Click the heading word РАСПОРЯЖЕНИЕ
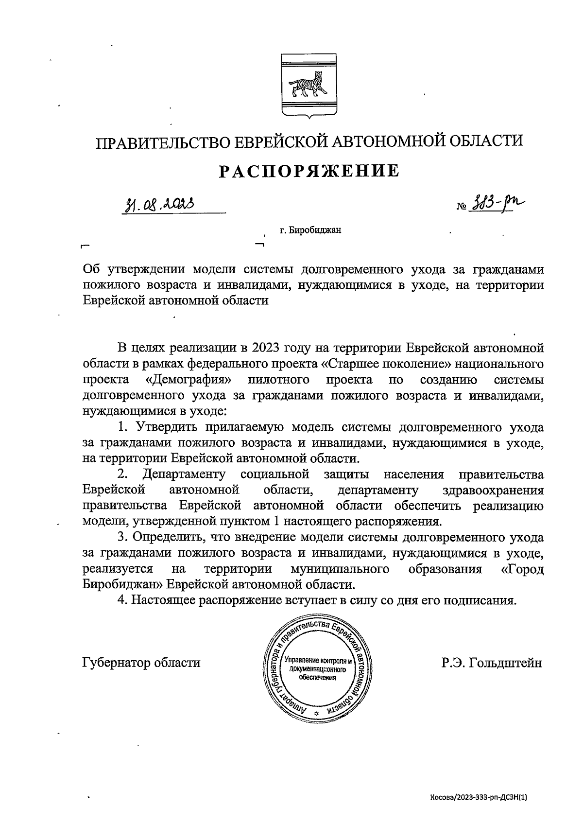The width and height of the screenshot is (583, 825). pyautogui.click(x=309, y=171)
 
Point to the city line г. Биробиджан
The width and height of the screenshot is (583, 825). pyautogui.click(x=310, y=230)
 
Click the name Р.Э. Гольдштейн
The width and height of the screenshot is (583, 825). pyautogui.click(x=491, y=663)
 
